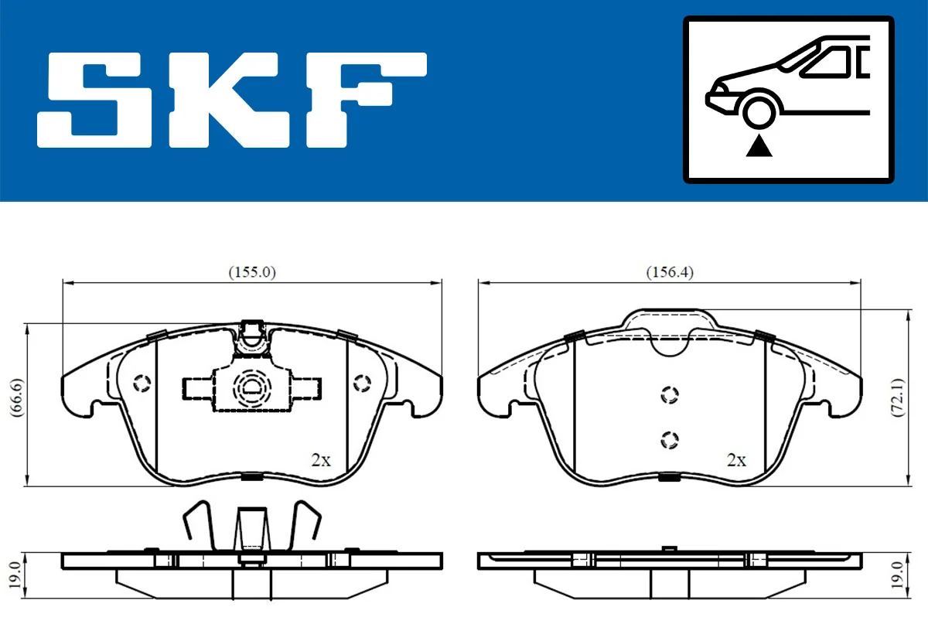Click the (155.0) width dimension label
tap(252, 271)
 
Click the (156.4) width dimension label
tap(670, 271)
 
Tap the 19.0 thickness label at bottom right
tap(896, 575)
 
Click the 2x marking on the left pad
tap(320, 461)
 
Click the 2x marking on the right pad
tap(736, 461)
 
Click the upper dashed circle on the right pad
tap(670, 394)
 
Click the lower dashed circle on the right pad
tap(670, 439)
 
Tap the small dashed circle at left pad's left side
tap(142, 383)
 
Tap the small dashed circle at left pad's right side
tap(362, 383)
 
